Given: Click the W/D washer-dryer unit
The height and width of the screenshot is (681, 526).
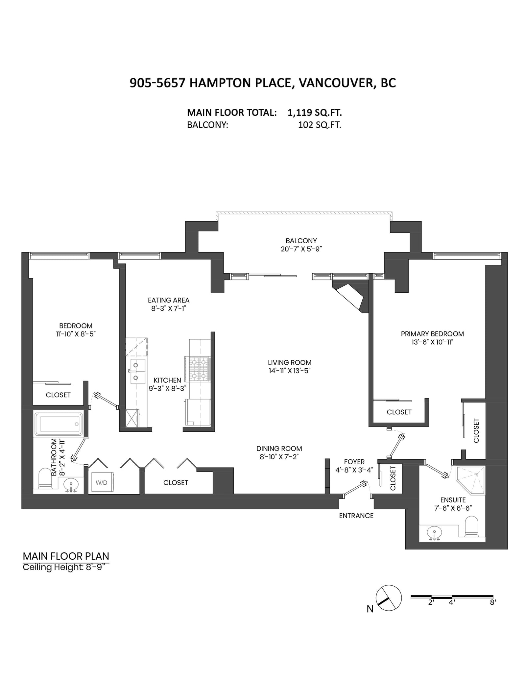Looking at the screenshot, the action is click(x=102, y=482).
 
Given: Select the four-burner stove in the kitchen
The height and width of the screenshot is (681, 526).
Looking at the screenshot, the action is click(x=200, y=369).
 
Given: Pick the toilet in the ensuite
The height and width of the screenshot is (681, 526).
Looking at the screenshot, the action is click(x=471, y=526).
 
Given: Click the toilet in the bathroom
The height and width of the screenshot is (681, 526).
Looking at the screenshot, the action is click(x=45, y=478).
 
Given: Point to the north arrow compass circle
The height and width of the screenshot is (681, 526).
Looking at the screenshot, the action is click(x=389, y=598).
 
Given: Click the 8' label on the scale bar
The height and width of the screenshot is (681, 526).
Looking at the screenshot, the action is click(x=493, y=602).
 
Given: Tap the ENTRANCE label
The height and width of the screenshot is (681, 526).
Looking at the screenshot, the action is click(x=356, y=516).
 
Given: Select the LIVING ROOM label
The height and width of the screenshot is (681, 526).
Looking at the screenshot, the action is click(x=290, y=362).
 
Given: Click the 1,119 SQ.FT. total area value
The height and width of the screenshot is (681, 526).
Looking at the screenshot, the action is click(x=315, y=113).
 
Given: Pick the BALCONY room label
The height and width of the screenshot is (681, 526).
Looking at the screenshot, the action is click(x=301, y=241).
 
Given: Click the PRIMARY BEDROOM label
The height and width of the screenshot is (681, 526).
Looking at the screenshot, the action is click(x=432, y=334).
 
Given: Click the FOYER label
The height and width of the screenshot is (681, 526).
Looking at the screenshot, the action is click(x=354, y=462).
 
